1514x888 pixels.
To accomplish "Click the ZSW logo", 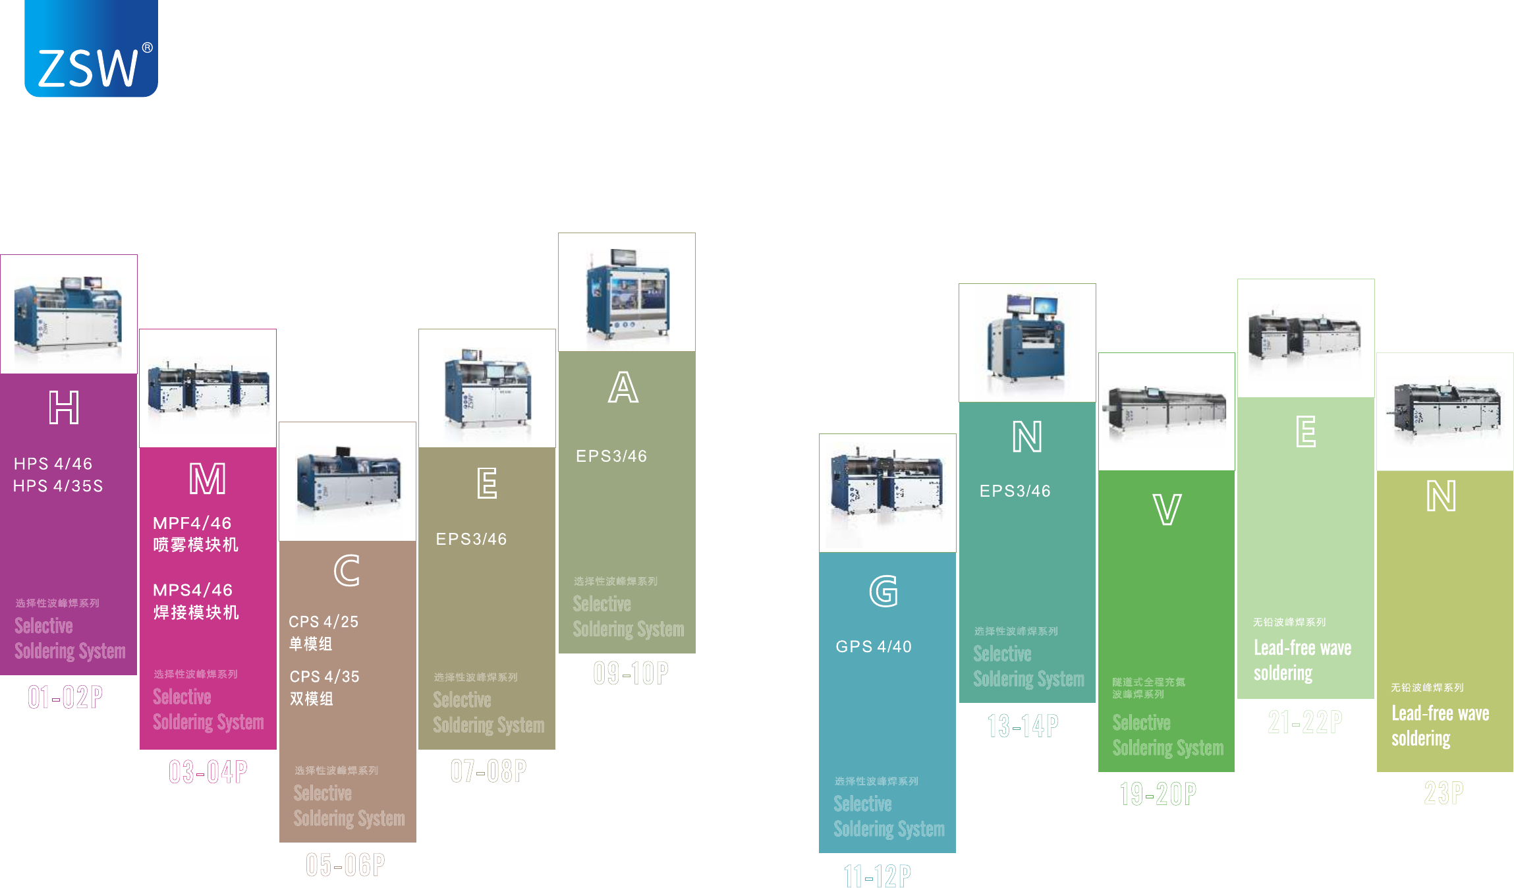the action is coord(91,49).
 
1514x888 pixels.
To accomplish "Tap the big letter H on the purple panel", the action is coord(64,408).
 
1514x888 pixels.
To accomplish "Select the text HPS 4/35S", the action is coord(58,486).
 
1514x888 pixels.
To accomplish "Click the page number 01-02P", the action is coord(65,697).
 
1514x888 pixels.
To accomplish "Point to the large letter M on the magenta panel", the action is coord(208,479).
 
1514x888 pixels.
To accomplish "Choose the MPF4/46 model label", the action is coord(192,524).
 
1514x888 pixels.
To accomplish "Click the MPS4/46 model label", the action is coord(193,590).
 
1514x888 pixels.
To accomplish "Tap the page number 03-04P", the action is coord(208,772).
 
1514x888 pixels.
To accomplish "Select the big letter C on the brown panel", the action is coord(347,570).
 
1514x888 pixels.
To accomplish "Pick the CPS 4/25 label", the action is coord(323,622).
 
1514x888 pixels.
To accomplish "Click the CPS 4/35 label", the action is coord(324,677).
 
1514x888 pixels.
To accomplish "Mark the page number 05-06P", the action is coord(345,865).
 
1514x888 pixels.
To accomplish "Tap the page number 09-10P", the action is coord(631,673).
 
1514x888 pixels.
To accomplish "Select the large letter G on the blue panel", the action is coord(883,592).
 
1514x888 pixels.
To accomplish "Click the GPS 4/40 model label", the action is coord(874,647).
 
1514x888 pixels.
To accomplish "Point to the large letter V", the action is coord(1167,510).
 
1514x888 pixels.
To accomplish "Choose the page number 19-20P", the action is coord(1158,794).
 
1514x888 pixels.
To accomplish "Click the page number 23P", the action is coord(1444,792).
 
